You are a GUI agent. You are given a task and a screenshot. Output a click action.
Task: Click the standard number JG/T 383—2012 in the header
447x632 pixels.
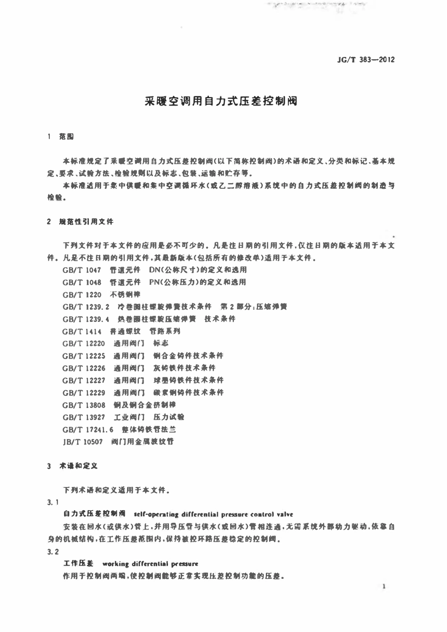[x=366, y=60]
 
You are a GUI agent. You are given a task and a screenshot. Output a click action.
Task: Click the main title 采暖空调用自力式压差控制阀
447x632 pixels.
[x=221, y=101]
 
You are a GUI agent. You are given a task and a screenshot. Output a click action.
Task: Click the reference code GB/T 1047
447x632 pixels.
[x=81, y=270]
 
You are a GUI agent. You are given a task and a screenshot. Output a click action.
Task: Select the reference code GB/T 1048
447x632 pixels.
[x=81, y=282]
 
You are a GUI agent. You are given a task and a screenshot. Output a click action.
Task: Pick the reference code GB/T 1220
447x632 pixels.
[x=81, y=295]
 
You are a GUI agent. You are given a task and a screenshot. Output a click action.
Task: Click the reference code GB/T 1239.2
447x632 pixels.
[x=86, y=307]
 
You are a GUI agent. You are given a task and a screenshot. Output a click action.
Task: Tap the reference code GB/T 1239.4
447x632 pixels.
[x=86, y=319]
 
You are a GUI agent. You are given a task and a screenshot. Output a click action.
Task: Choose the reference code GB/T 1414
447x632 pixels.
[x=81, y=331]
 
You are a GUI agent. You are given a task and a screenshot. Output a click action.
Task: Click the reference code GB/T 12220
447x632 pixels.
[x=84, y=344]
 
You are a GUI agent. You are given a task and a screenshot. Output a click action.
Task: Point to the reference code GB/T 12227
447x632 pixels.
[x=84, y=380]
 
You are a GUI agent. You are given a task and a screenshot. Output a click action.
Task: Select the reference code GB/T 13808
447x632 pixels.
[x=84, y=405]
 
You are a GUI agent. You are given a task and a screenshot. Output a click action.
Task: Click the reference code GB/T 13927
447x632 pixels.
[x=84, y=417]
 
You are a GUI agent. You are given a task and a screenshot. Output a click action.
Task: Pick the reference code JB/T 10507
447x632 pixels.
[x=82, y=441]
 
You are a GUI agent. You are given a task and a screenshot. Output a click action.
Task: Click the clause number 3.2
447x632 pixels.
[x=53, y=552]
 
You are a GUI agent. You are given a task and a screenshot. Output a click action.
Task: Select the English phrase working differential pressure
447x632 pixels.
[x=150, y=564]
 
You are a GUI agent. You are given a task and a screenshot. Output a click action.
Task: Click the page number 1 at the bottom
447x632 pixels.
[x=384, y=587]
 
